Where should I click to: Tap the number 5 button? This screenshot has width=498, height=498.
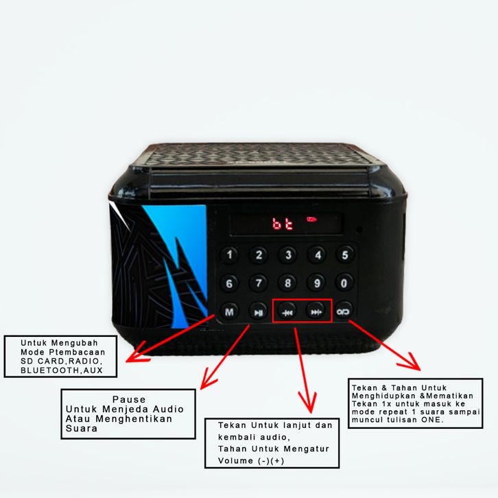(x=344, y=256)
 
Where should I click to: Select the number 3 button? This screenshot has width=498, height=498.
(x=287, y=256)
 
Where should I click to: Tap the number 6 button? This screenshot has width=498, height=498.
(x=229, y=283)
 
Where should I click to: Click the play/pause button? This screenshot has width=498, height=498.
(x=258, y=312)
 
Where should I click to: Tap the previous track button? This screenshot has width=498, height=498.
(x=287, y=312)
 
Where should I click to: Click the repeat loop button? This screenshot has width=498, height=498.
(x=344, y=312)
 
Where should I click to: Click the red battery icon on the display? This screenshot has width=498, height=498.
(x=312, y=220)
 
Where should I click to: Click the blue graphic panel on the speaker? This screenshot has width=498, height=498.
(x=180, y=247)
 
